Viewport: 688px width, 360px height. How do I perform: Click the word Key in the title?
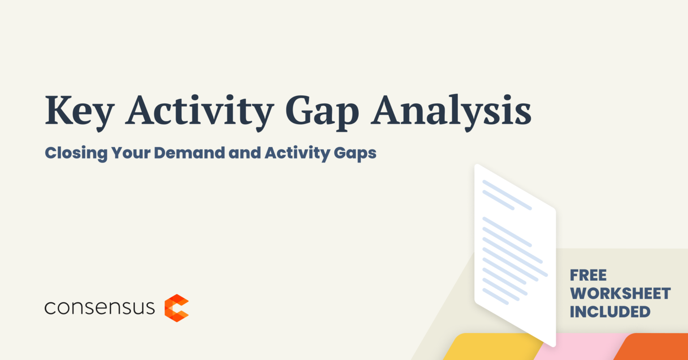coord(80,112)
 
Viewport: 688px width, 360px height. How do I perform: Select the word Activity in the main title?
coord(199,112)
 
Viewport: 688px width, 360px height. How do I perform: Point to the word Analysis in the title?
coord(451,112)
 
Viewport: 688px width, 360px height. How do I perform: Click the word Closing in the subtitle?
coord(76,153)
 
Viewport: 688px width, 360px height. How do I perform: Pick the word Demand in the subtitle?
coord(189,153)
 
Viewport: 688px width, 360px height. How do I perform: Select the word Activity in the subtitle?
coord(297,153)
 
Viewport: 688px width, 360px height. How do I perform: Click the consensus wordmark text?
coord(99,308)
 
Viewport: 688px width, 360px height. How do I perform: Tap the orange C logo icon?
coord(176,308)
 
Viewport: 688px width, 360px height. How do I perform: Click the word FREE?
coord(588,275)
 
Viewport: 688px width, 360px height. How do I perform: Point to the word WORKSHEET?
coord(620,294)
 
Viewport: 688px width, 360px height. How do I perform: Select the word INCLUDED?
coord(610,312)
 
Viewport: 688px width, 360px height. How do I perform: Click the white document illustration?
coord(515,255)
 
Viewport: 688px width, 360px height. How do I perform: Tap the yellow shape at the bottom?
coord(491,347)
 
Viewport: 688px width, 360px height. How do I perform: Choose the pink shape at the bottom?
coord(580,347)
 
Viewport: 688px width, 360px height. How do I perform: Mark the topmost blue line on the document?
coord(507,195)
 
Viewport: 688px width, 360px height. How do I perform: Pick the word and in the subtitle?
coord(245,153)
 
